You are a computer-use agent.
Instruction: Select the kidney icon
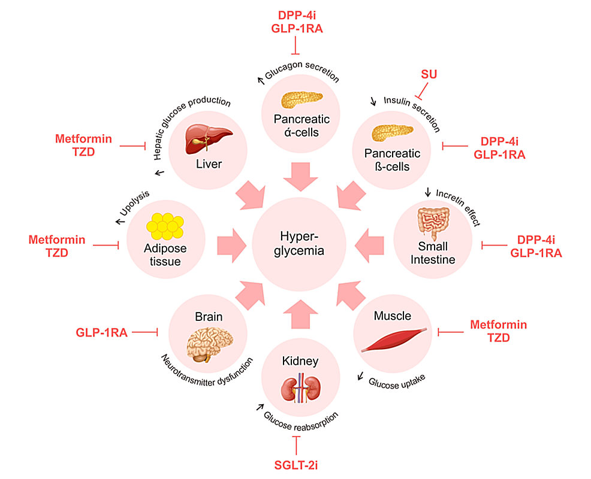[298, 390]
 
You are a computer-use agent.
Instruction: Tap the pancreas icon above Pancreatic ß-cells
[392, 131]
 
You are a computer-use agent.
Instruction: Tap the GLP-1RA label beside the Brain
[102, 332]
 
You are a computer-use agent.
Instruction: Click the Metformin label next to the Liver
[83, 139]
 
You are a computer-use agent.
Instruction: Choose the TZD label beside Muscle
[498, 338]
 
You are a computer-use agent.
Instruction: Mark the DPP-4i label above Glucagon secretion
[297, 15]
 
